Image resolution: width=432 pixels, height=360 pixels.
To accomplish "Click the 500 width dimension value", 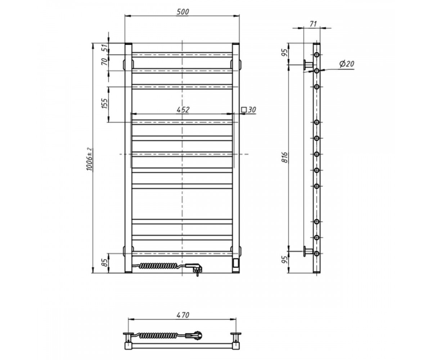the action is coord(183,12).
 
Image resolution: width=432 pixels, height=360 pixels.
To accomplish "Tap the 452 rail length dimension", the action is coord(183,110).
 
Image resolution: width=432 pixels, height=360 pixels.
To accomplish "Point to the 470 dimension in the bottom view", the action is coord(183,315).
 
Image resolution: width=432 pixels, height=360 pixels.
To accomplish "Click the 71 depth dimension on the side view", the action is coord(313,24).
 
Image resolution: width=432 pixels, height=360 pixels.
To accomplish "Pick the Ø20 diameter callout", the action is coord(347,64).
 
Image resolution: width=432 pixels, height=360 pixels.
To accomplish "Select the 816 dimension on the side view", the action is coord(285,157).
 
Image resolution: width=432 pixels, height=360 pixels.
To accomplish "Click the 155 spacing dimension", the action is coord(105,103).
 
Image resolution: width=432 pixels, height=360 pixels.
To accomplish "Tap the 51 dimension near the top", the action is coord(105,48).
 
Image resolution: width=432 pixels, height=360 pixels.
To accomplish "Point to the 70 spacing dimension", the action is coord(105,62).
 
